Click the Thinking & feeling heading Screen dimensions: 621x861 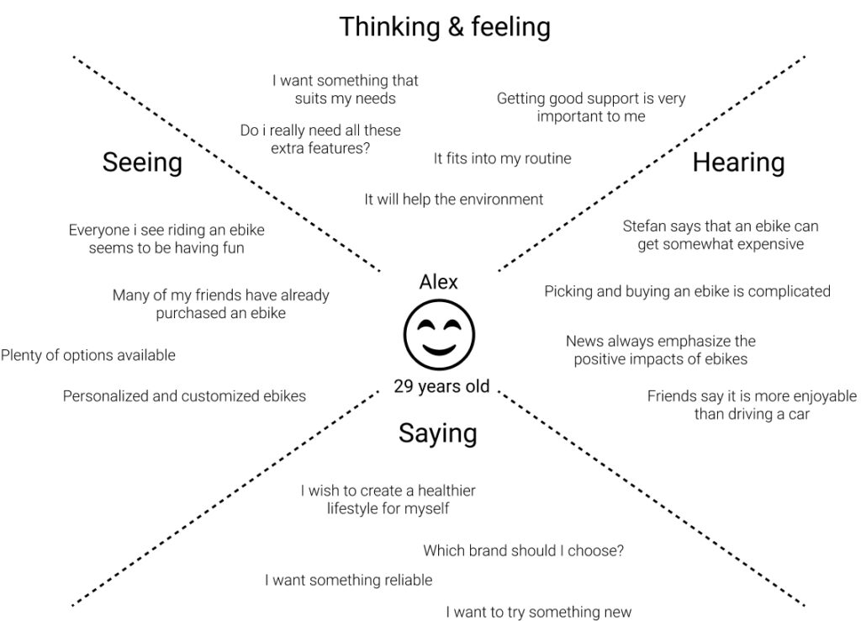click(x=445, y=27)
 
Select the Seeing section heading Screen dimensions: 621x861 click(x=142, y=162)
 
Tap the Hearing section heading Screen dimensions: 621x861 click(x=738, y=162)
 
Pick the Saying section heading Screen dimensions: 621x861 click(x=437, y=433)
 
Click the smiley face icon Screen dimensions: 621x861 click(x=438, y=334)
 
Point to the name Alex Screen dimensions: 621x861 click(x=438, y=282)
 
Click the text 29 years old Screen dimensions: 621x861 click(x=441, y=387)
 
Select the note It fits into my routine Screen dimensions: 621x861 click(x=502, y=158)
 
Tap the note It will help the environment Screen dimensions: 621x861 click(x=453, y=199)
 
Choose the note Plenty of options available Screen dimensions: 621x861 click(x=88, y=355)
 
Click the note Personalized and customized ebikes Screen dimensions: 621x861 click(x=184, y=395)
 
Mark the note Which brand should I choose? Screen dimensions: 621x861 click(x=523, y=551)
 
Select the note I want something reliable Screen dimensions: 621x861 click(x=348, y=580)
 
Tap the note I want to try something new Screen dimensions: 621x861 click(x=538, y=612)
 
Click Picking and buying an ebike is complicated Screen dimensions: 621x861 click(x=687, y=291)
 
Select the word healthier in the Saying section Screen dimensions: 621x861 click(x=439, y=491)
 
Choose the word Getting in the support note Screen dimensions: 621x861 click(x=522, y=98)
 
